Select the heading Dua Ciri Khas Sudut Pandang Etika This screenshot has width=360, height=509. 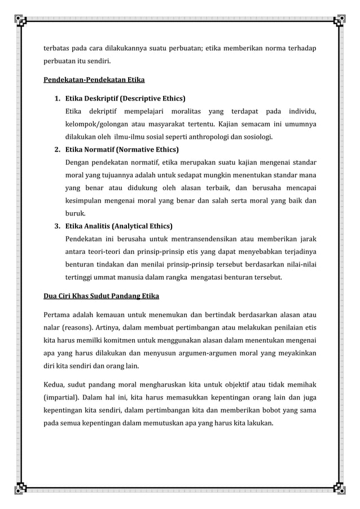(x=102, y=296)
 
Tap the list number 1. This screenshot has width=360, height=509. (x=57, y=97)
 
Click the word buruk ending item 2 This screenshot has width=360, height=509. (x=76, y=214)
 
